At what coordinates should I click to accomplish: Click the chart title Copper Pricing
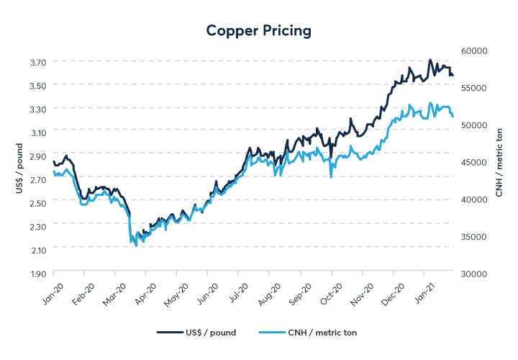tap(258, 30)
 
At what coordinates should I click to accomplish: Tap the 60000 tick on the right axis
tap(475, 50)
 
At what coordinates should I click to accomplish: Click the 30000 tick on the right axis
tap(475, 274)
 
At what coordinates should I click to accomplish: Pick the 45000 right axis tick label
tap(475, 162)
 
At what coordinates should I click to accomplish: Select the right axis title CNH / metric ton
tap(499, 161)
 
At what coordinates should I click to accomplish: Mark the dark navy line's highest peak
tap(430, 60)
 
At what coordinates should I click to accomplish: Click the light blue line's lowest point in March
tap(136, 246)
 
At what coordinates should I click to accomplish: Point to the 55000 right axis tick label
tap(475, 88)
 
